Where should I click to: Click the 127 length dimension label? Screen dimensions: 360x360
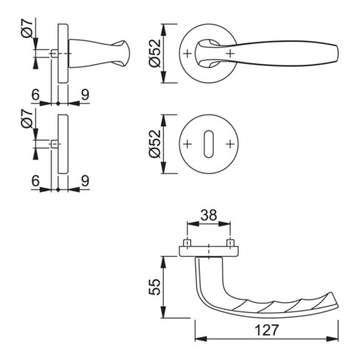[267, 330]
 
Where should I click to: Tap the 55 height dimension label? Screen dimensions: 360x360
[155, 287]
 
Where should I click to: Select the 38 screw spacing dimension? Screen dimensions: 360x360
[209, 215]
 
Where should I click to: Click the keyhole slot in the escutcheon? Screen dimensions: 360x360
[209, 144]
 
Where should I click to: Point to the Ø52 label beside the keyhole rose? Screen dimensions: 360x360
[155, 144]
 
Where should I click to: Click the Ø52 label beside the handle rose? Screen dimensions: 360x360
[155, 53]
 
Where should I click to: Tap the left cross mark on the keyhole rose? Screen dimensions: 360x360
[187, 144]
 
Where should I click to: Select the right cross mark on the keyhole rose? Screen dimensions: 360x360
[230, 144]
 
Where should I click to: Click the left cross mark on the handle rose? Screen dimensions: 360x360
[187, 54]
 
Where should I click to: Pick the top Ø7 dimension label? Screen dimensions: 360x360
[27, 29]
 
